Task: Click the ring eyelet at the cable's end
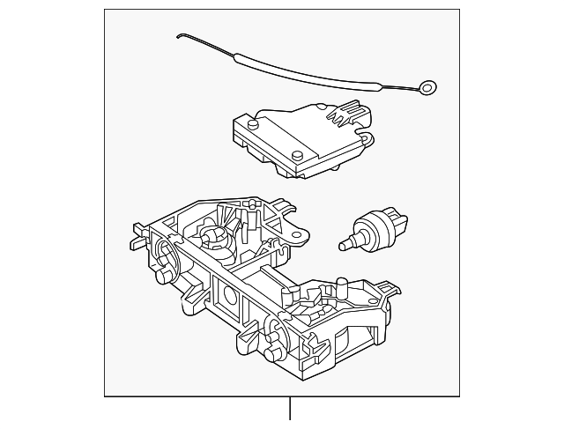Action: coord(428,87)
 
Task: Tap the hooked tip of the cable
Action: coord(180,36)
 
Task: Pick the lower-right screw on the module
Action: coord(300,156)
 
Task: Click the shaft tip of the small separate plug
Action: coord(344,239)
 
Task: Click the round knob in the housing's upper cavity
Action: coord(213,234)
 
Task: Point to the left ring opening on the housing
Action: coord(165,253)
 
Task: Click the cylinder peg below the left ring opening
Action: coord(162,279)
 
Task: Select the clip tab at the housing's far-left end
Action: coord(137,237)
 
